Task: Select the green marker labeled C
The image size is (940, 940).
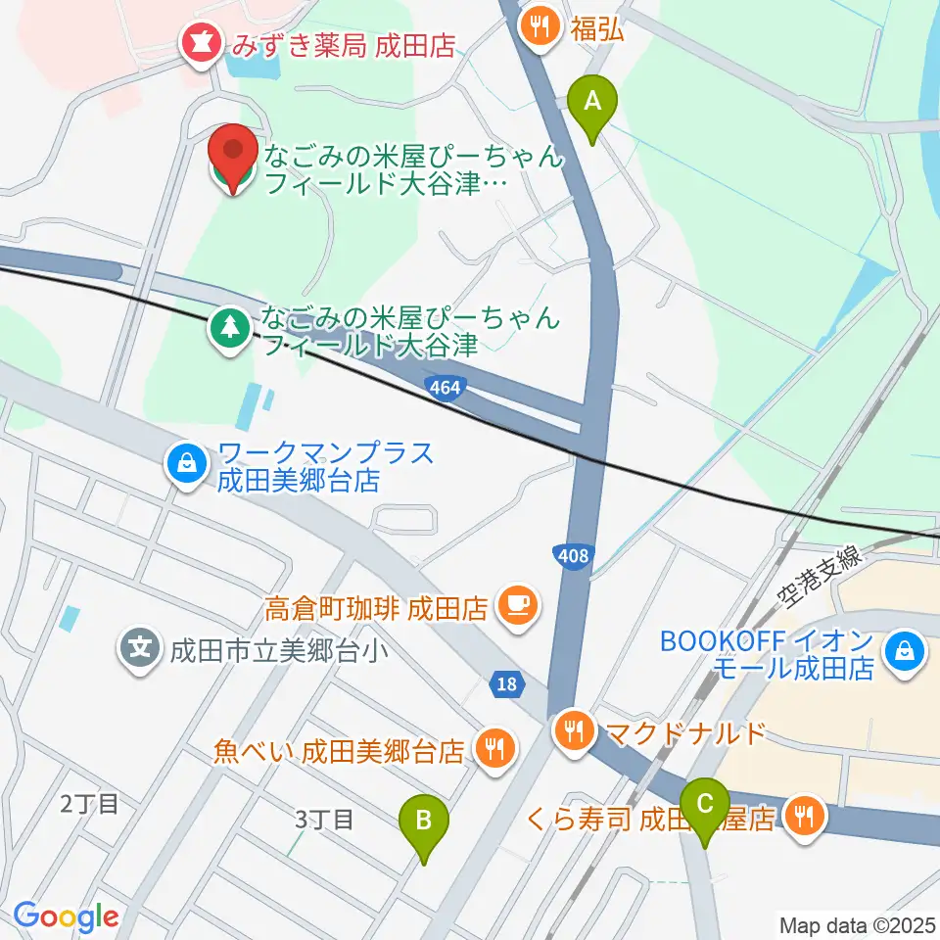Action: coord(704,805)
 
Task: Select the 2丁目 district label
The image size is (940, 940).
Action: coord(89,805)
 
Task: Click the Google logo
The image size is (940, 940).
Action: coord(66,916)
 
